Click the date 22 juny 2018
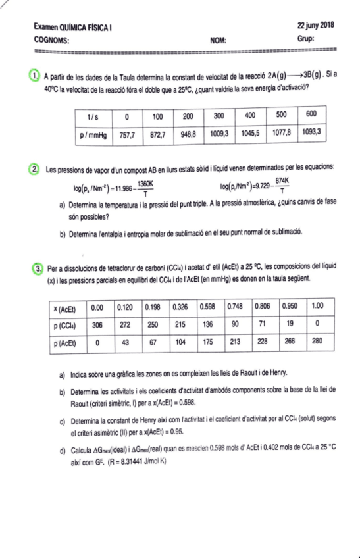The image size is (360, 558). pos(315,25)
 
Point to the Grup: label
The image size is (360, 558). pos(306,39)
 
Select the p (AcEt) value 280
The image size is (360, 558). pos(319,342)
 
